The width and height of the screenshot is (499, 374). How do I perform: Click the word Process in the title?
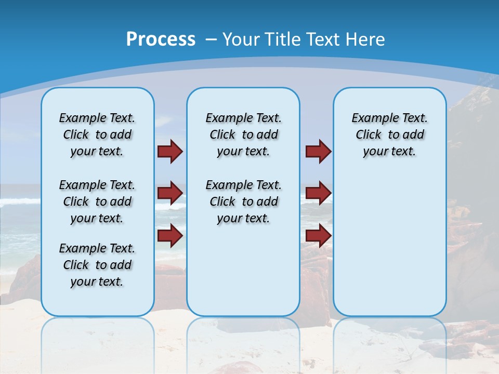click(x=161, y=39)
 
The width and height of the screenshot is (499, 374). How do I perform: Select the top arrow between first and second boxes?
click(x=169, y=151)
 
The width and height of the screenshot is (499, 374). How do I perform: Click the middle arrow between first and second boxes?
click(x=169, y=193)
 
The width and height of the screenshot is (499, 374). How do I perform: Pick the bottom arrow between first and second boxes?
click(x=169, y=236)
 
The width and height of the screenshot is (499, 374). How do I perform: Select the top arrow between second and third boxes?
click(x=318, y=151)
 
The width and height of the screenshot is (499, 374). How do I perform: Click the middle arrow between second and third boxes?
click(x=318, y=193)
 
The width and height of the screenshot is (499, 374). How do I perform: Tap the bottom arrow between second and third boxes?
click(x=318, y=236)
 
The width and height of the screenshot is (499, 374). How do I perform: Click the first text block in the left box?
click(x=97, y=135)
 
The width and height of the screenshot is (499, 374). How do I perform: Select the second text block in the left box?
click(x=97, y=202)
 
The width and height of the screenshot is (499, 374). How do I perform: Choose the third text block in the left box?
click(x=97, y=265)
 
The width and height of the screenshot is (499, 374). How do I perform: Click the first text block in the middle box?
click(x=243, y=135)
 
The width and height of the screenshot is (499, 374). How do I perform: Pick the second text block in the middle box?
click(x=243, y=202)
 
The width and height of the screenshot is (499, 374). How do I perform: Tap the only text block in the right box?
click(x=389, y=135)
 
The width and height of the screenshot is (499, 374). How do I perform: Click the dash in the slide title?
click(x=212, y=39)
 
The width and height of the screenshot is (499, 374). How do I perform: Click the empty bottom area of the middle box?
click(x=243, y=275)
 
